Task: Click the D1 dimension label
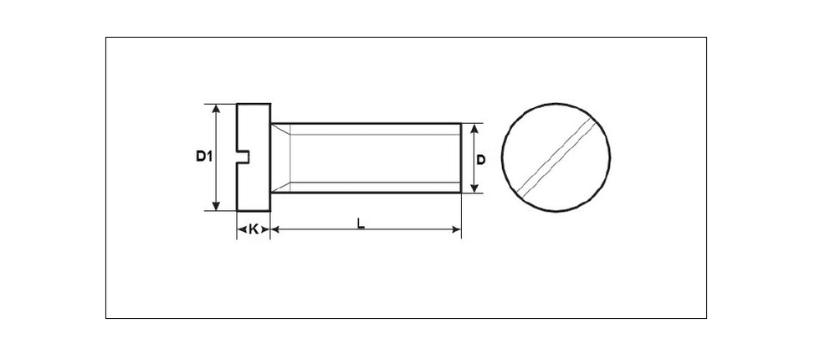(204, 156)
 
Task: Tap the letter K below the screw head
(253, 229)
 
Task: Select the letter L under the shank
(361, 224)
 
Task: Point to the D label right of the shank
(480, 160)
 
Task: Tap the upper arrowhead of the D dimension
(474, 129)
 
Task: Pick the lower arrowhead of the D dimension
(474, 188)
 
